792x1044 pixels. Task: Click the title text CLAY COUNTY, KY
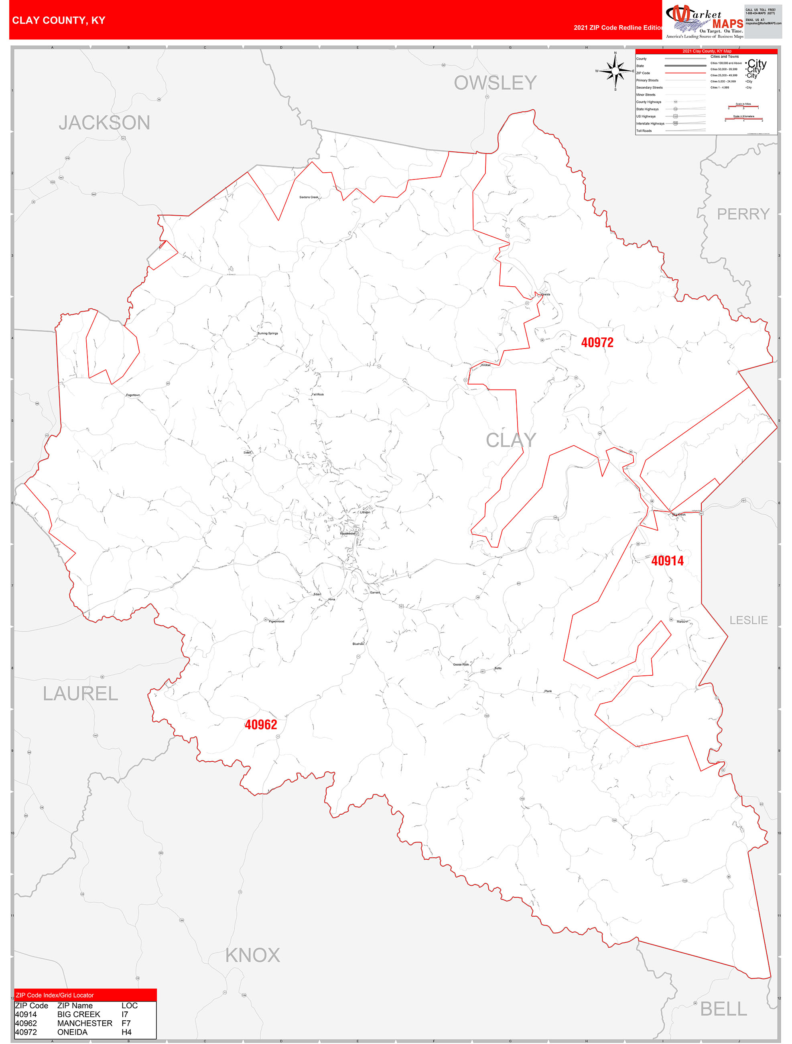59,20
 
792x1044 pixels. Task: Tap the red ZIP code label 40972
597,343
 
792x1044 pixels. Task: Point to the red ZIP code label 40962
260,724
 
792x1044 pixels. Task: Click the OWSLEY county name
495,83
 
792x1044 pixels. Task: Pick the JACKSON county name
104,123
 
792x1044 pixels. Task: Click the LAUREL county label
80,693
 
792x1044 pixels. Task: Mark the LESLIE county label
748,620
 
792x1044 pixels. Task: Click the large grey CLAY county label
510,440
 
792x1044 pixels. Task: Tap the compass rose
615,71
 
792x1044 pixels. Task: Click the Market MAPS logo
704,22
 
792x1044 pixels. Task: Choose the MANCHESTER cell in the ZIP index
85,1023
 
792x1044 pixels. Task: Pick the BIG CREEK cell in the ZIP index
79,1014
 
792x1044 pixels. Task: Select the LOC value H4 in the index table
126,1032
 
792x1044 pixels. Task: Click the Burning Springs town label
268,333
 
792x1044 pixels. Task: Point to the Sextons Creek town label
309,197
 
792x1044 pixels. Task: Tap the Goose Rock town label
461,665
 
